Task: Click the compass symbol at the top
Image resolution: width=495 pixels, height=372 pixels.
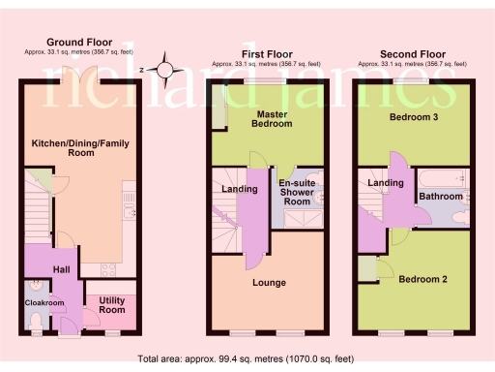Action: [x=166, y=70]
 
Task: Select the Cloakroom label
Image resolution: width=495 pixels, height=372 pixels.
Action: [x=44, y=303]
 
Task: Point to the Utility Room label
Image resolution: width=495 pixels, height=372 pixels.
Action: [x=112, y=305]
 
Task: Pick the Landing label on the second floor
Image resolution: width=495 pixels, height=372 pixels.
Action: [x=385, y=182]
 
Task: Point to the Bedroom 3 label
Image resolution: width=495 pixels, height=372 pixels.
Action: [x=412, y=116]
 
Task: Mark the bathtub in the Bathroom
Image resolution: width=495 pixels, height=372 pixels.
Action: [x=441, y=177]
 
